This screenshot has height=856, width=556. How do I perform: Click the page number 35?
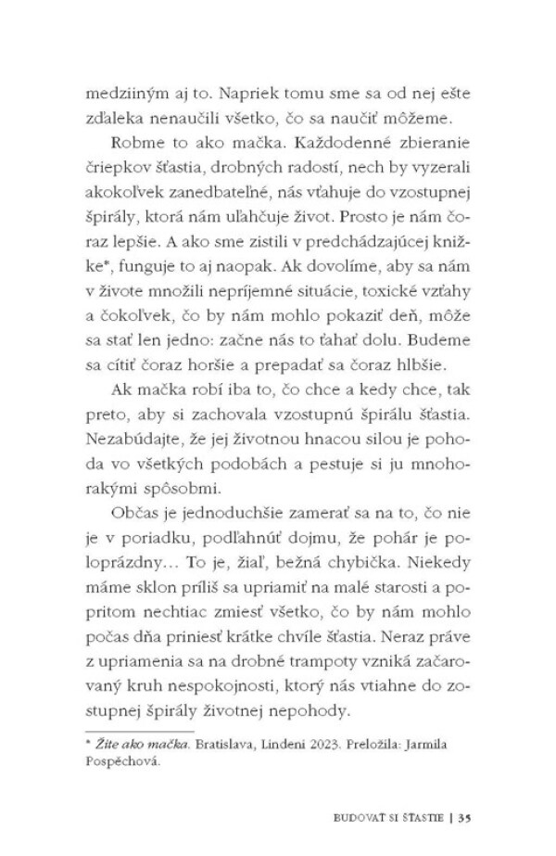pos(464,817)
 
